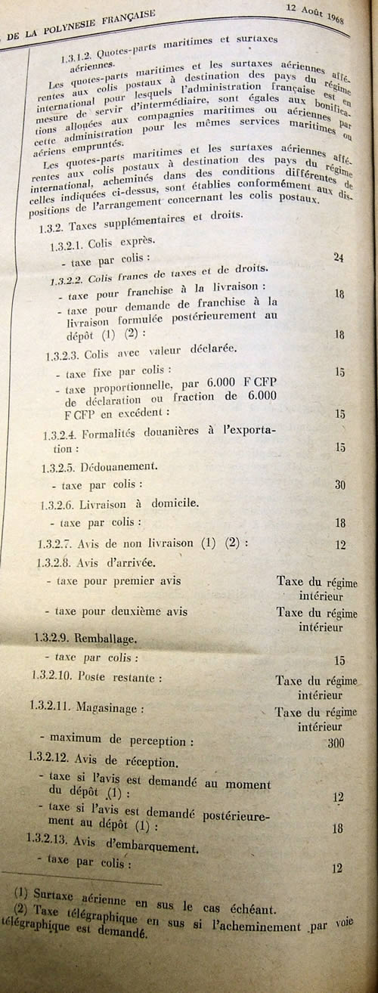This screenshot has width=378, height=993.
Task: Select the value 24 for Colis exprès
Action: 339,258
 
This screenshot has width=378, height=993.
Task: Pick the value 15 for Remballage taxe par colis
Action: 339,660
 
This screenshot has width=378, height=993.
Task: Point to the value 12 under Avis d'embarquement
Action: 338,868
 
